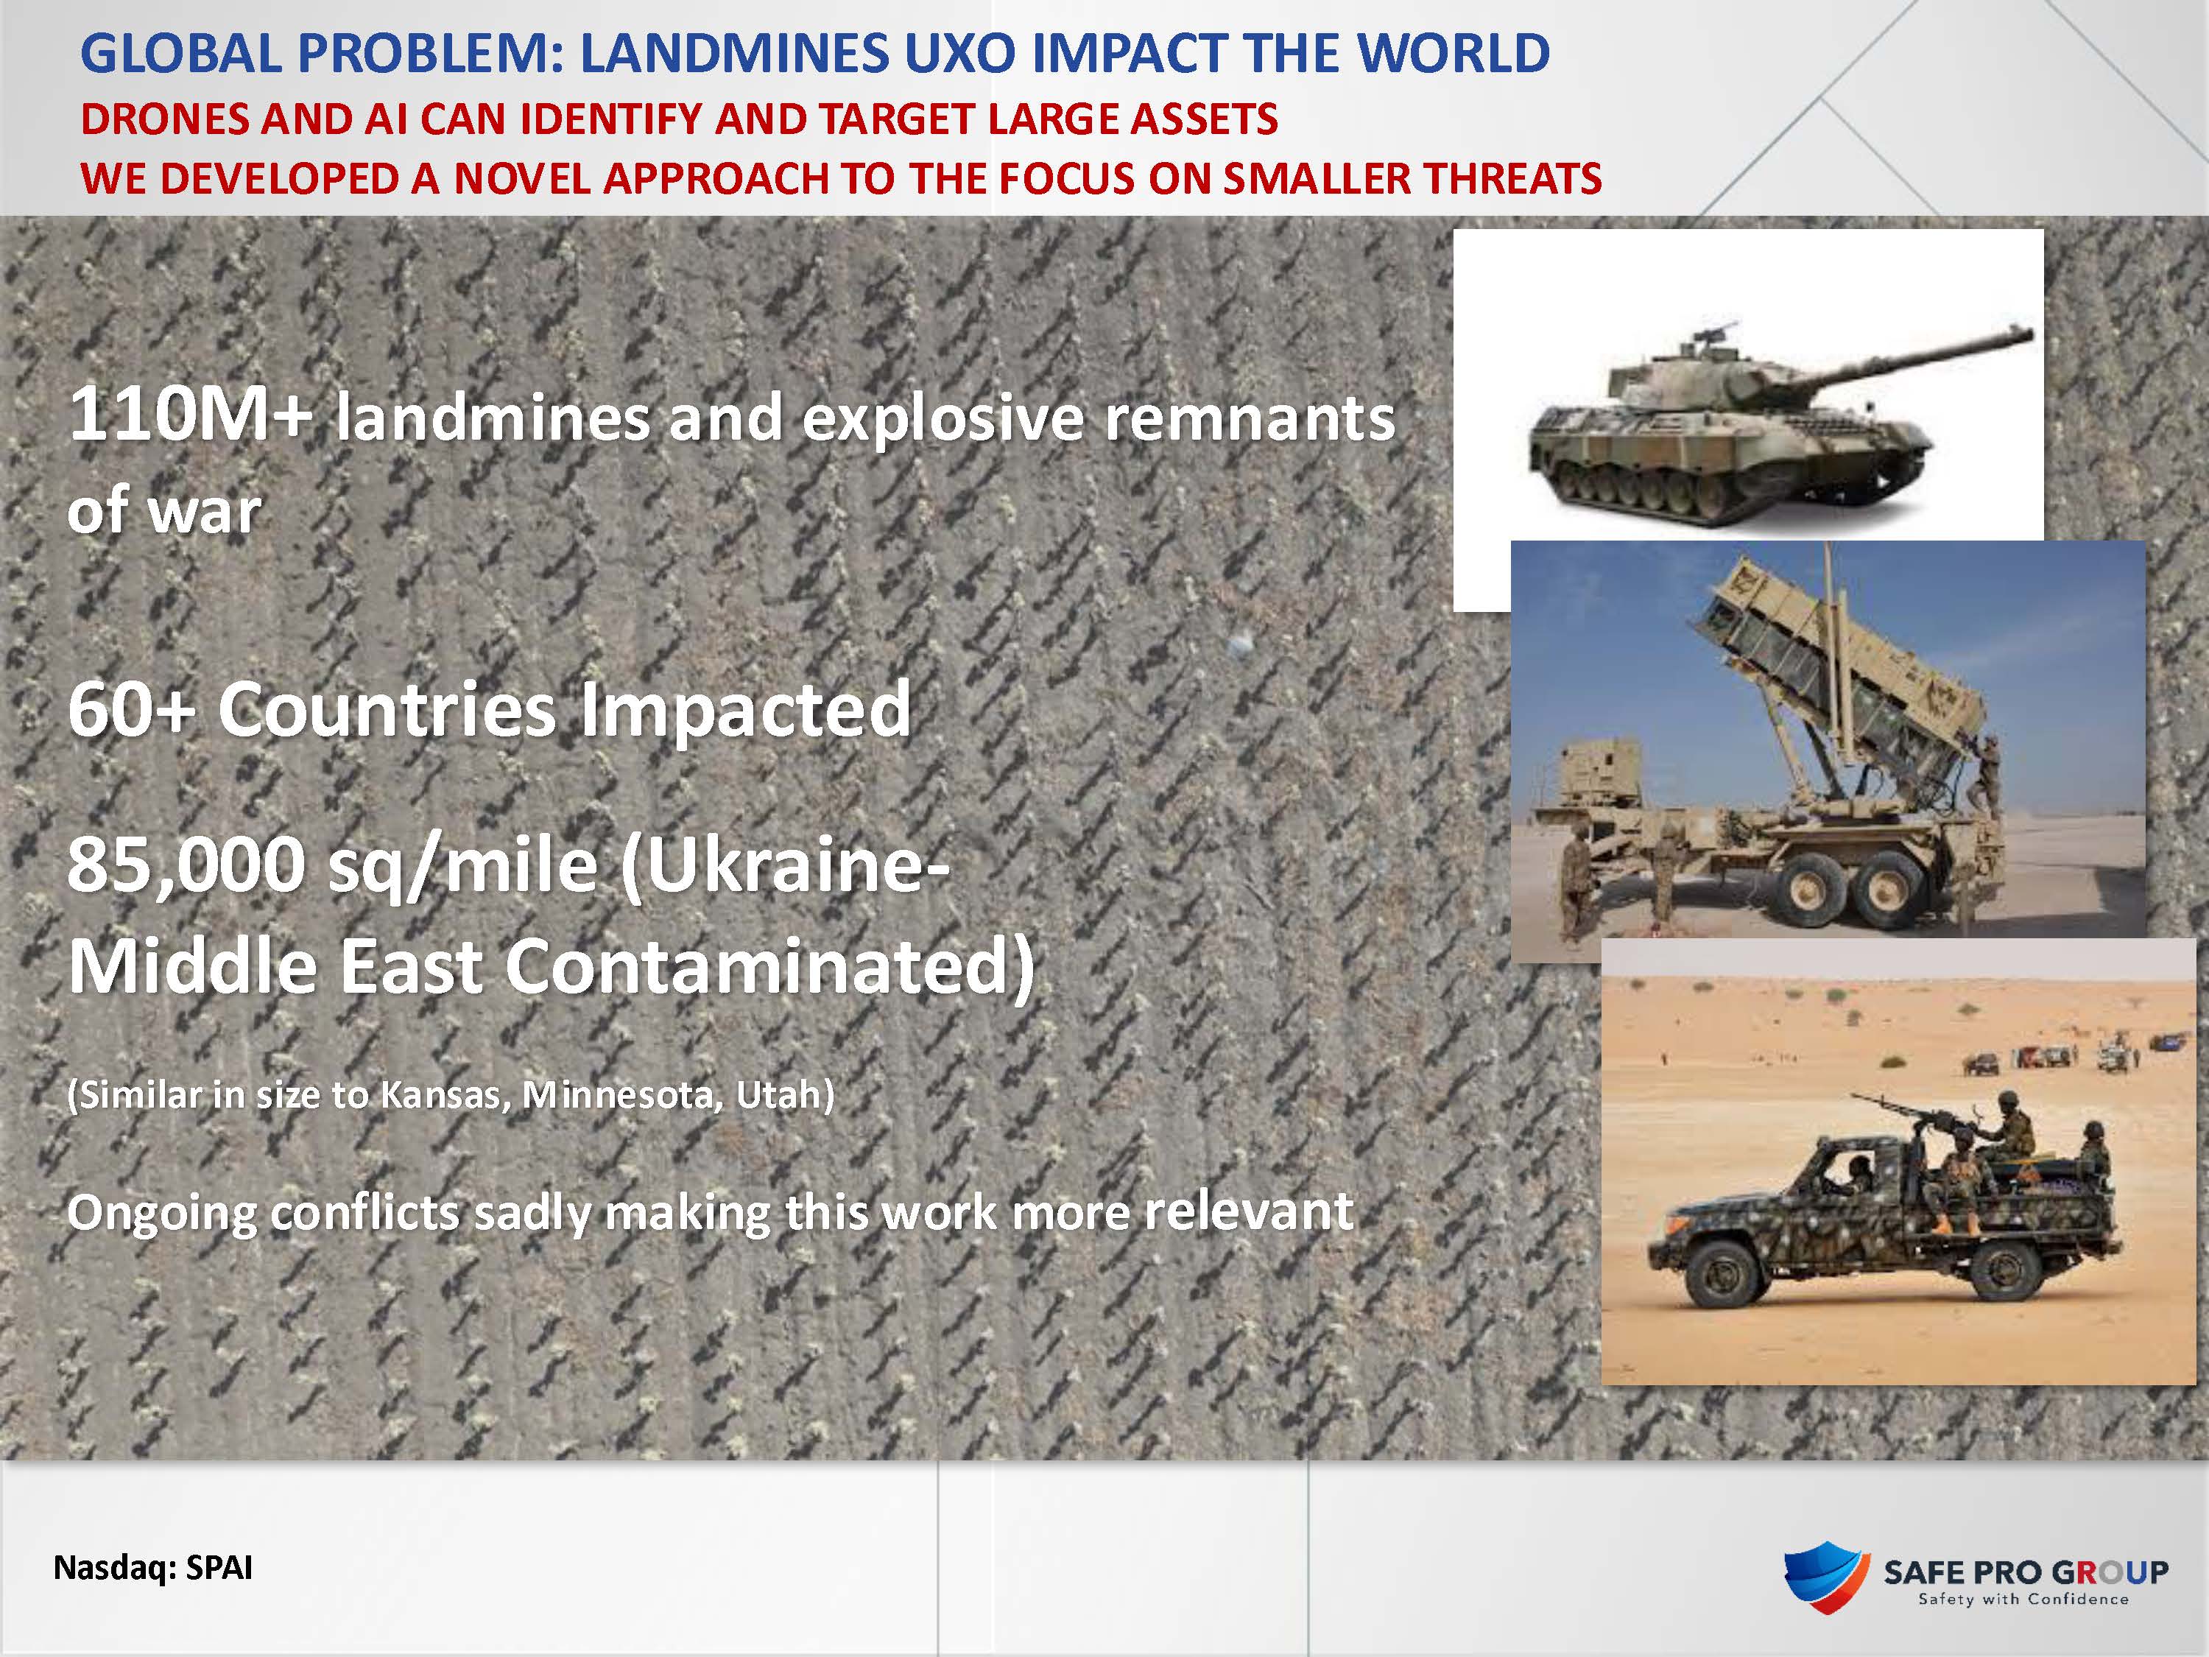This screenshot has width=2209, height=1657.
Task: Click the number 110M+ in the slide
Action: (x=190, y=415)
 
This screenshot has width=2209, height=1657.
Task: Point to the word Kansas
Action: (x=440, y=1097)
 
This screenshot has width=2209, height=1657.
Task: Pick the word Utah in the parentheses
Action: (x=778, y=1096)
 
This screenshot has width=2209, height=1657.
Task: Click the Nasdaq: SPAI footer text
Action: (x=153, y=1567)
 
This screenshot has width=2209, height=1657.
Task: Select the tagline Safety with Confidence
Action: (x=2023, y=1599)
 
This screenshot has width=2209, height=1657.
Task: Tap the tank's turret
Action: (x=1698, y=375)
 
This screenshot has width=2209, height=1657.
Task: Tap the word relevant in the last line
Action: (x=1248, y=1211)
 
